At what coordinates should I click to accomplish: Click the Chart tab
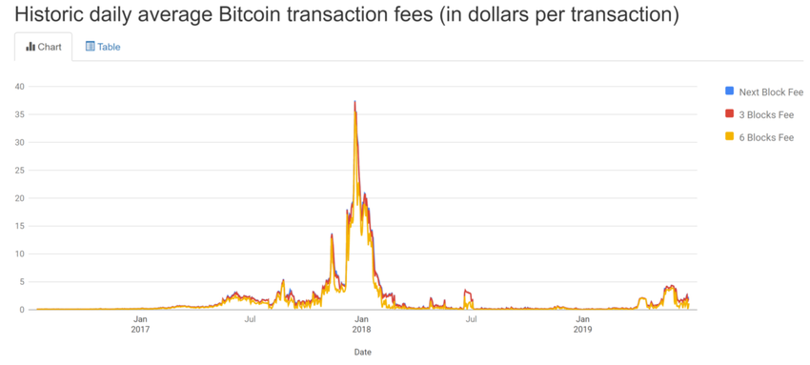pyautogui.click(x=43, y=47)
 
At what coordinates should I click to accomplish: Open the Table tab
pyautogui.click(x=103, y=47)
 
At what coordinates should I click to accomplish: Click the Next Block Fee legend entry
pyautogui.click(x=771, y=91)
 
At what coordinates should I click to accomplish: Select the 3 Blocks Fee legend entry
pyautogui.click(x=766, y=114)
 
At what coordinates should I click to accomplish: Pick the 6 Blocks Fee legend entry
pyautogui.click(x=766, y=137)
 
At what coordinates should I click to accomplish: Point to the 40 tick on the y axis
pyautogui.click(x=19, y=87)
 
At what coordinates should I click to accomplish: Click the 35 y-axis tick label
pyautogui.click(x=19, y=114)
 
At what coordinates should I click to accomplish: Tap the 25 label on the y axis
pyautogui.click(x=19, y=171)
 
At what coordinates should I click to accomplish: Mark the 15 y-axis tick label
pyautogui.click(x=19, y=227)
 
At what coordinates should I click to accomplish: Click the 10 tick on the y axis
pyautogui.click(x=19, y=254)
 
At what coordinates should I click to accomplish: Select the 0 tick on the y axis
pyautogui.click(x=21, y=310)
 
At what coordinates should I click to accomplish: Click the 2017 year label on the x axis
pyautogui.click(x=140, y=331)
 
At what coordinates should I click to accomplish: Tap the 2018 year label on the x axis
pyautogui.click(x=361, y=331)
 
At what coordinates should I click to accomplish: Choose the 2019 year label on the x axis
pyautogui.click(x=582, y=331)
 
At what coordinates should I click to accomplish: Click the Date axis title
pyautogui.click(x=362, y=352)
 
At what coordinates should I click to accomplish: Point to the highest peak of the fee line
pyautogui.click(x=355, y=101)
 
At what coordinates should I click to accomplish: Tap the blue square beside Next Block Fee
pyautogui.click(x=729, y=91)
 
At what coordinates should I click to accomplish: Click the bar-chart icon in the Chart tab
pyautogui.click(x=30, y=47)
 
